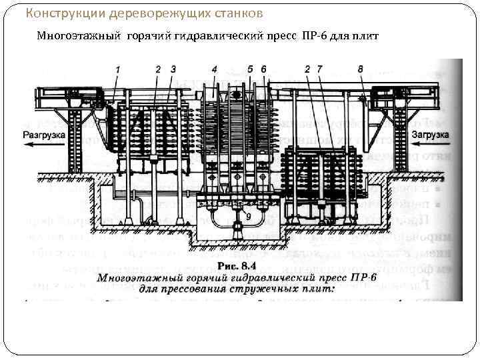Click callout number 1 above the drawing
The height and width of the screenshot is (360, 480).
pos(117,69)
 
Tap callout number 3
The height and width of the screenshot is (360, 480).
pos(173,69)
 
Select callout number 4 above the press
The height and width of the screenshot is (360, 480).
pos(214,69)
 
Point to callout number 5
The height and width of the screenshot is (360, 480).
pos(250,69)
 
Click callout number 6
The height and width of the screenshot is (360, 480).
pos(263,69)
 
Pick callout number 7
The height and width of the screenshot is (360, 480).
pos(319,69)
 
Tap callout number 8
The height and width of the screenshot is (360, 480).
pos(361,69)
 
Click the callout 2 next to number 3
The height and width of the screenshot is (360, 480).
pos(158,69)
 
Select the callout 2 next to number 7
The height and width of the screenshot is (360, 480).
pos(307,69)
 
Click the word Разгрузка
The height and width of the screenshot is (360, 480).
pos(43,135)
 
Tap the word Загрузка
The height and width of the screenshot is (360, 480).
pos(431,135)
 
